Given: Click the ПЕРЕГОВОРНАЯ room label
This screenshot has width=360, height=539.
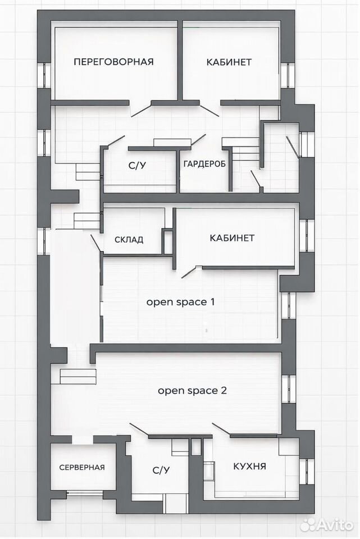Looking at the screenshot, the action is [x=114, y=62].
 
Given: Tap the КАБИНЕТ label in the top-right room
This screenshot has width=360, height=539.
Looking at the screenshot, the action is [x=229, y=62].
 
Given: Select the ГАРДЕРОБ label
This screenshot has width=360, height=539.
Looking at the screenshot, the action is [x=204, y=164].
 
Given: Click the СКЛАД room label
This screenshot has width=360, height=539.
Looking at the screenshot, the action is [x=129, y=240].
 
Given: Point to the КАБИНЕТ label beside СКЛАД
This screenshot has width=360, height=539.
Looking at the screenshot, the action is [x=232, y=238].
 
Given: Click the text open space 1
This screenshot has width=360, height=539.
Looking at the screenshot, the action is [x=181, y=302].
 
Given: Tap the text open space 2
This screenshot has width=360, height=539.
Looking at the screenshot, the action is [x=192, y=391].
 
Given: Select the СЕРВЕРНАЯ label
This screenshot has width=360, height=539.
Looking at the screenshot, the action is [x=82, y=468].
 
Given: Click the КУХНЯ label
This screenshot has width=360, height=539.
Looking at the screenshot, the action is [x=249, y=467].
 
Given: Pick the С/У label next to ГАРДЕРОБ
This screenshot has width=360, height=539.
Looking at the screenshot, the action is [x=137, y=166].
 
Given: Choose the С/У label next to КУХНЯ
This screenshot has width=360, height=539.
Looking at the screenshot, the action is [x=161, y=471].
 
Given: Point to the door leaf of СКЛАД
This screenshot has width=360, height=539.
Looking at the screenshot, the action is [x=95, y=243].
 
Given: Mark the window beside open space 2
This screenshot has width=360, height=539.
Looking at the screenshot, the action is [x=289, y=389].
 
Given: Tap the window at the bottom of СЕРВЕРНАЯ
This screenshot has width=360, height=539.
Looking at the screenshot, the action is [x=85, y=494].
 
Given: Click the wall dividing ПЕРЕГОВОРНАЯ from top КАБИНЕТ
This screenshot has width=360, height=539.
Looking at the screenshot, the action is [x=180, y=60].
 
